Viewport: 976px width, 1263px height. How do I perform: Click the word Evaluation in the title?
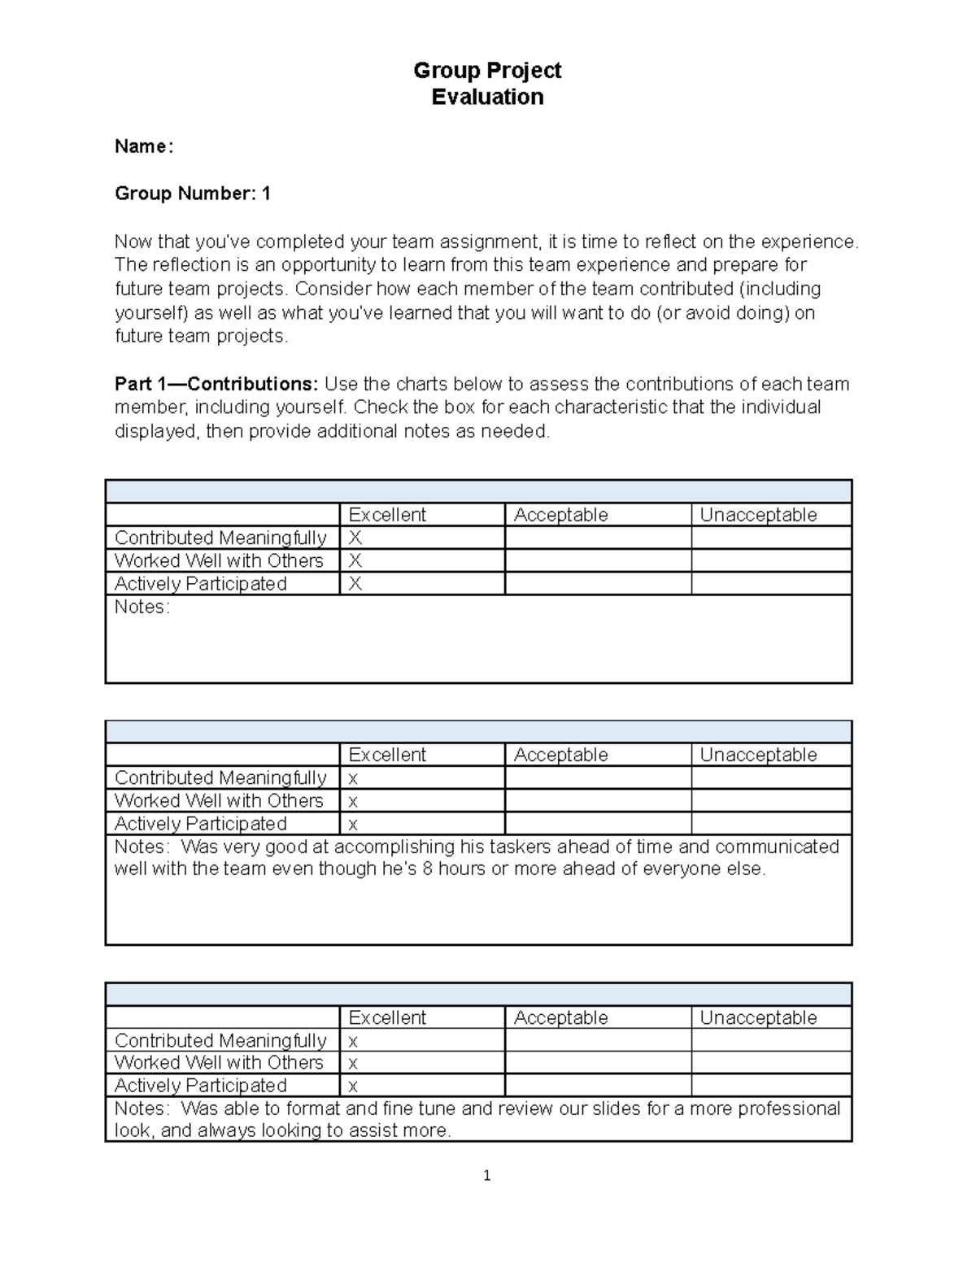[x=487, y=97]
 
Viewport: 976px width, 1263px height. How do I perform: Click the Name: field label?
[x=144, y=146]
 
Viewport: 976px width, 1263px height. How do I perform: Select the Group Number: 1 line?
[x=193, y=194]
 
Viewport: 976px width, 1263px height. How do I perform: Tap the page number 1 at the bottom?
[x=486, y=1175]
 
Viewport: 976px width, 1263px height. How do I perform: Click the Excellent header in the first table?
[x=387, y=515]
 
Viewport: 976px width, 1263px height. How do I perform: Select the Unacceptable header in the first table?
[x=758, y=515]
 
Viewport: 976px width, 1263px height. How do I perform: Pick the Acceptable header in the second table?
[x=560, y=755]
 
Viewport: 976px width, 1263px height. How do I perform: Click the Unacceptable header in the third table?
[x=758, y=1017]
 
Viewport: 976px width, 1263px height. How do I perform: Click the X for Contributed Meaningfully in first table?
[x=355, y=538]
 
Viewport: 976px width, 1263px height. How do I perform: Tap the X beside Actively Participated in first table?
[x=355, y=584]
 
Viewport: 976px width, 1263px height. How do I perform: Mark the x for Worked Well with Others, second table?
[x=353, y=801]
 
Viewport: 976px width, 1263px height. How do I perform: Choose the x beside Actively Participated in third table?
[x=353, y=1086]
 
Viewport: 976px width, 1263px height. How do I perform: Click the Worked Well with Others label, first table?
[x=219, y=560]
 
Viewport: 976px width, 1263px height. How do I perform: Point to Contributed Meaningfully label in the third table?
[x=220, y=1040]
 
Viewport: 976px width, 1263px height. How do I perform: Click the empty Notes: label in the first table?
[x=142, y=607]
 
